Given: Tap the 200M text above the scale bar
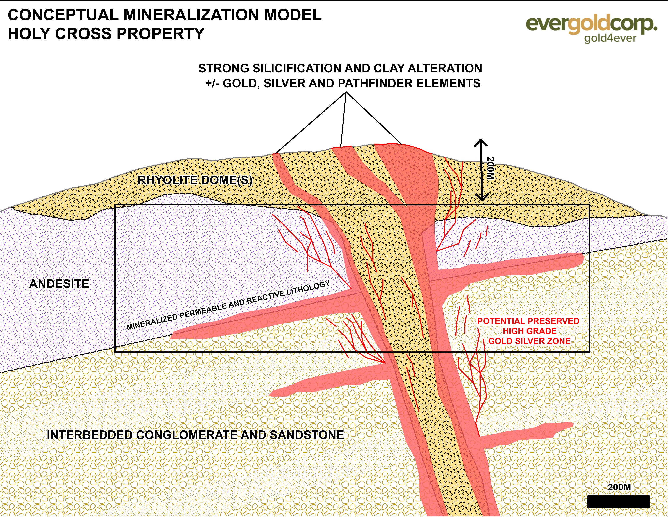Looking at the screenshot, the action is (x=619, y=487).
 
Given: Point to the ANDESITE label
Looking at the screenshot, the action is (x=59, y=284).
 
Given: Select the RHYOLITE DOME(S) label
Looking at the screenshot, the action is (x=195, y=180).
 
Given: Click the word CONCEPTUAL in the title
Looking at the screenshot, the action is (x=63, y=15).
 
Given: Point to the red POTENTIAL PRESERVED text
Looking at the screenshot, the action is (x=528, y=321).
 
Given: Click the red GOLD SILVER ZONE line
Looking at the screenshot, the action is (x=529, y=341).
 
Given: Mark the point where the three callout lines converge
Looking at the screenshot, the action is (x=346, y=92).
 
